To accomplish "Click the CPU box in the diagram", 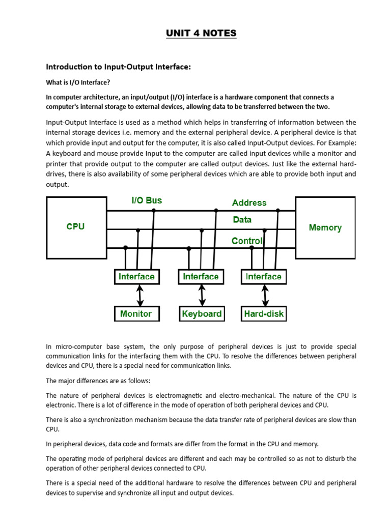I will click(x=75, y=227).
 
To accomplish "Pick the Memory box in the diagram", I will click(x=325, y=227).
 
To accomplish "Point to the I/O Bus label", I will click(x=147, y=200).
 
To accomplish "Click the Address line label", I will click(x=249, y=202).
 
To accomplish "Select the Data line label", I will click(x=242, y=220).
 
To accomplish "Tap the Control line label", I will click(x=247, y=241).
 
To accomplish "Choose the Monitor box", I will click(x=136, y=313).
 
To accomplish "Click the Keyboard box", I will click(x=202, y=313).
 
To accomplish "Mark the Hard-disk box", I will click(x=264, y=313).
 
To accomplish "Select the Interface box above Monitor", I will click(x=136, y=277).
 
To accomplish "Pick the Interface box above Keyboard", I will click(x=201, y=277).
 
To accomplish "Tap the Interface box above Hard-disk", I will click(x=263, y=277).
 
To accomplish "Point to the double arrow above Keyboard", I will click(x=203, y=295).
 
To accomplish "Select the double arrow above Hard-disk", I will click(x=265, y=295).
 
